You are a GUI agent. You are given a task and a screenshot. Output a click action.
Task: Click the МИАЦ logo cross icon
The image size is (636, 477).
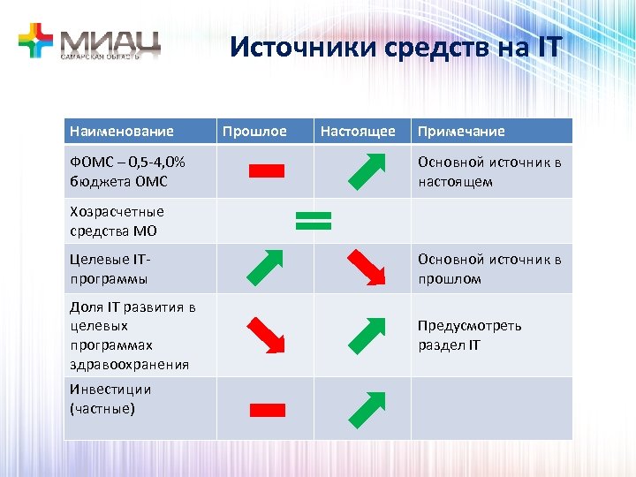point(36,41)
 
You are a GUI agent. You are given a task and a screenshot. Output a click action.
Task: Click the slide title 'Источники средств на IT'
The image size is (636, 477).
point(395,46)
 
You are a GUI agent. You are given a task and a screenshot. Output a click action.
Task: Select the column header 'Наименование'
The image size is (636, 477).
point(121,132)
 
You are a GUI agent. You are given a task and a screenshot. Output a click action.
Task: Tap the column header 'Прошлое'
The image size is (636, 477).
point(254,132)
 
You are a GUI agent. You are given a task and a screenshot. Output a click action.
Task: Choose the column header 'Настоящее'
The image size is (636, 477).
point(358,132)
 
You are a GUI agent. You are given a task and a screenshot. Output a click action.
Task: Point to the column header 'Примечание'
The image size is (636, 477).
point(461,132)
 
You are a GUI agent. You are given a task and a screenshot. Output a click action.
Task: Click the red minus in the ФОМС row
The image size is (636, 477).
point(267,171)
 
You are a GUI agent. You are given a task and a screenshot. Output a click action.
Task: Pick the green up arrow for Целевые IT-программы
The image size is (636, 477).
point(265,268)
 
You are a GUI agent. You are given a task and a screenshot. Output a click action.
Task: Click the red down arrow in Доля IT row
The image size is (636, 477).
point(265,335)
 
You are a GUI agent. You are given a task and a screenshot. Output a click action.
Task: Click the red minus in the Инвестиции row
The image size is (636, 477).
point(267,409)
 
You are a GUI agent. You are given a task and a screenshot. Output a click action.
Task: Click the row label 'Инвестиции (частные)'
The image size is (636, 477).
point(110,399)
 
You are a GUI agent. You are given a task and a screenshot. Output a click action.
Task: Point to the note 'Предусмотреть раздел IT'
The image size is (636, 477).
point(470,335)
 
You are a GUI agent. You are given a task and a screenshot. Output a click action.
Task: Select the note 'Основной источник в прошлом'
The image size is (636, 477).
point(489,269)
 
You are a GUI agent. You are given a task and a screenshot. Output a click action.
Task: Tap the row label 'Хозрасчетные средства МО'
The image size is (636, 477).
point(117,221)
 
